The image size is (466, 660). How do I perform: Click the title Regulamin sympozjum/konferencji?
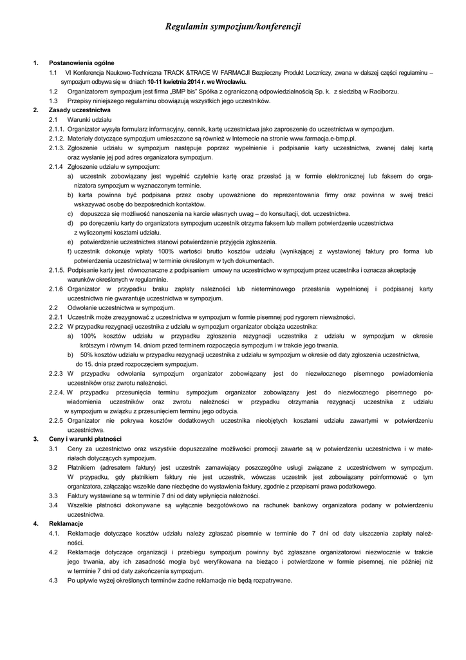click(x=232, y=26)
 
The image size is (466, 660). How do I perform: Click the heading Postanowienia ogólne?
click(x=82, y=63)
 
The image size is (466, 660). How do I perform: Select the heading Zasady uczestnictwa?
click(x=80, y=110)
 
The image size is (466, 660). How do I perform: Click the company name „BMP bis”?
click(x=174, y=92)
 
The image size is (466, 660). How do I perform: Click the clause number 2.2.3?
click(x=56, y=374)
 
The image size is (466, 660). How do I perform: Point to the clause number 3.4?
click(x=53, y=505)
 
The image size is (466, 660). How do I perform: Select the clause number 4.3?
click(x=53, y=580)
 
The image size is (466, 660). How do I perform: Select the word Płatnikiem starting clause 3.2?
click(x=81, y=467)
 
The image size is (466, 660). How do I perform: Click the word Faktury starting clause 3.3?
click(x=78, y=496)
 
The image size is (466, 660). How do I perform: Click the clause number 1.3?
click(x=53, y=101)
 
